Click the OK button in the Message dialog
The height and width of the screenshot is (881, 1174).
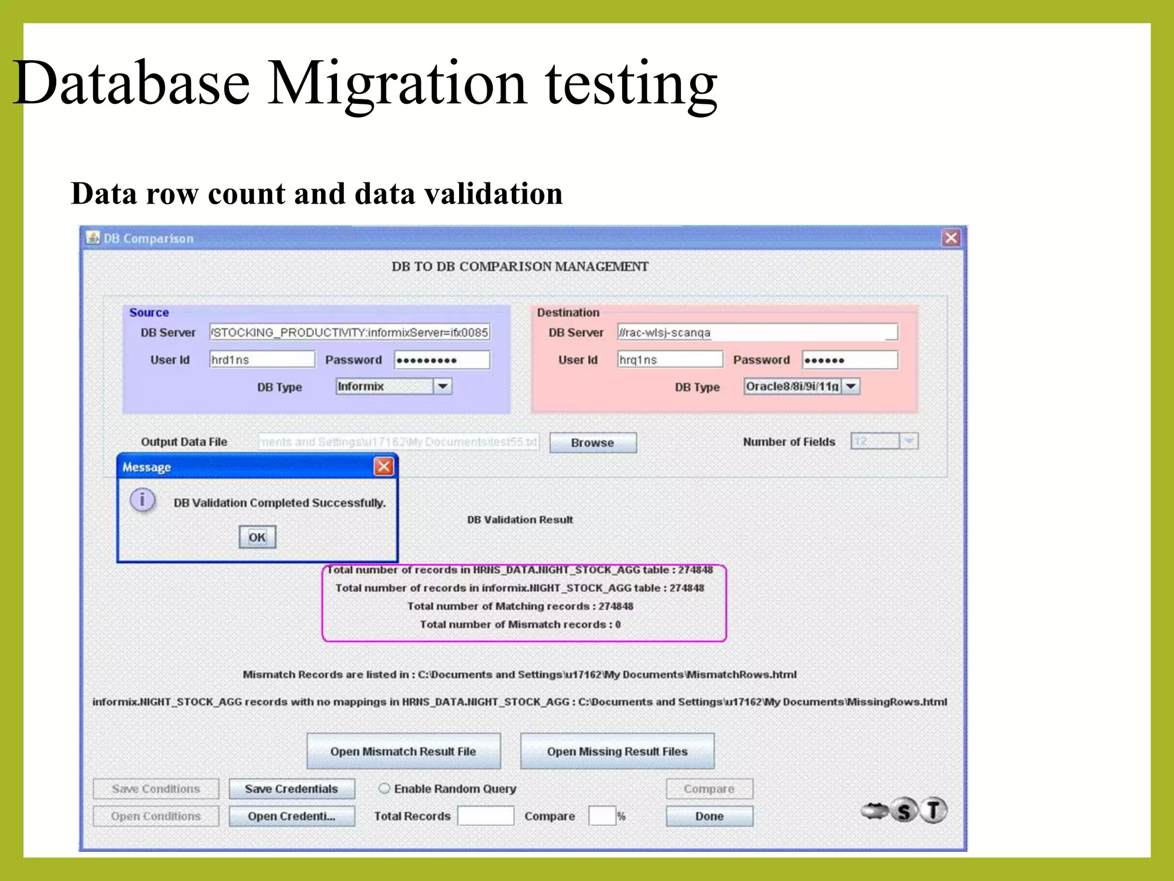(257, 537)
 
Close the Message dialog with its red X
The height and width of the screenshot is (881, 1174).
(383, 466)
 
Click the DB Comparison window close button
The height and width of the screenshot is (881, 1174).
(951, 237)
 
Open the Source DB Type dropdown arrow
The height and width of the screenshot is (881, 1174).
(443, 387)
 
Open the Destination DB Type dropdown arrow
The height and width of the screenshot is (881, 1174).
(851, 387)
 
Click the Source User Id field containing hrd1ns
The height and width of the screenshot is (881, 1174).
(262, 360)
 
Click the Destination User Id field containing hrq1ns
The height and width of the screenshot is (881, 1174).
(670, 360)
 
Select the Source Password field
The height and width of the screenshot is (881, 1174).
(442, 360)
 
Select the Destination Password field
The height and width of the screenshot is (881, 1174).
(850, 360)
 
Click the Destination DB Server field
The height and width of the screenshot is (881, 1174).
(757, 333)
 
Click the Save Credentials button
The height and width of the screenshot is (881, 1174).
(292, 789)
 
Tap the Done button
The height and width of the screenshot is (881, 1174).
(709, 816)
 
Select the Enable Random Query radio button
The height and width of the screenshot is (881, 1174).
(384, 789)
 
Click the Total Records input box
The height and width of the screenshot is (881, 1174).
(486, 816)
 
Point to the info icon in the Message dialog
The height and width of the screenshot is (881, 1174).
(142, 499)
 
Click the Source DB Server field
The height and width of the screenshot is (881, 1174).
(350, 333)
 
